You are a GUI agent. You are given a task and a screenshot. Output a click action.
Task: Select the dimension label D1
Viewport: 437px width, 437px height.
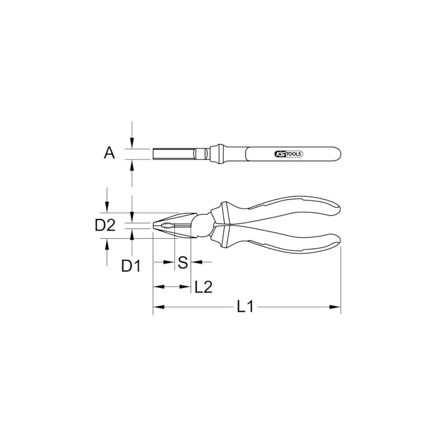click(x=131, y=266)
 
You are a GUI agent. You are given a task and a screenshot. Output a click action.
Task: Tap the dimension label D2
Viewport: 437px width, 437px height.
click(x=105, y=225)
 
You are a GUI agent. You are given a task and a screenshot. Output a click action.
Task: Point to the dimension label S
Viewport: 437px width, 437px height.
click(x=183, y=262)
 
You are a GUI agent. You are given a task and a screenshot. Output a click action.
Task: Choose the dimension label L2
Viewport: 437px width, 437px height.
click(x=203, y=286)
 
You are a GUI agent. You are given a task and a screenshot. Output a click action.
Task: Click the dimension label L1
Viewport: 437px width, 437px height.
click(x=245, y=308)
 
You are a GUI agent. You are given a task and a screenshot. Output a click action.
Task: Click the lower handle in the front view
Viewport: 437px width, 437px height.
click(x=284, y=241)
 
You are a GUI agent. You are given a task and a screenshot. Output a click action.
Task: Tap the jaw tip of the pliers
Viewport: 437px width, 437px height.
click(x=155, y=225)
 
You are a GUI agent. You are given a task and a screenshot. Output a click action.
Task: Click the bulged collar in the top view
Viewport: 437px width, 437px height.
click(x=217, y=153)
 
